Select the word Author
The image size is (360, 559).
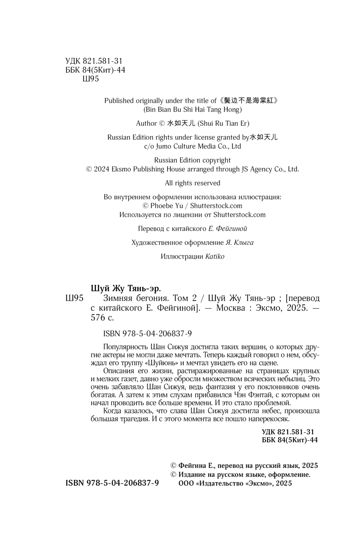coord(146,124)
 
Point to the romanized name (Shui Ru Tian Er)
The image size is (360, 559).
coord(224,124)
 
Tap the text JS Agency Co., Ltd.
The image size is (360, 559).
coord(270,169)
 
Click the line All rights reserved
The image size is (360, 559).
coord(193,183)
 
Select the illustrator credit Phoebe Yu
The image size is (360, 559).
coord(167,206)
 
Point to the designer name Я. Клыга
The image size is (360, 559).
coord(239,243)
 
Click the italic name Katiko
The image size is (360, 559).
coord(215,257)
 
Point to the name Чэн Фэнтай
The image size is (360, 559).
coord(252,395)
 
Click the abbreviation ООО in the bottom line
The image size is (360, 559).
coord(186,484)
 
